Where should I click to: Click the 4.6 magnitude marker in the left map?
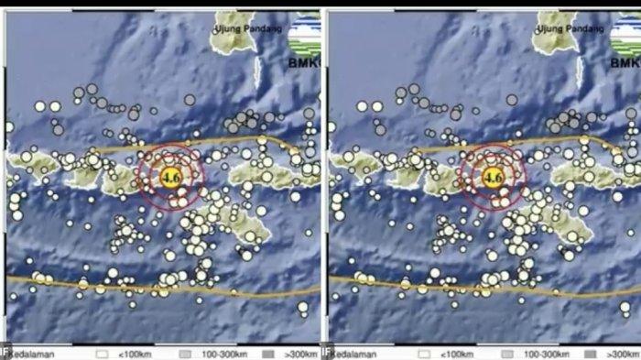coord(170,177)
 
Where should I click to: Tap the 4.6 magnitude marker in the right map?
coord(494,177)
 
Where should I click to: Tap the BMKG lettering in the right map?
coord(625,63)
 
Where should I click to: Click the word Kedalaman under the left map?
coord(30,352)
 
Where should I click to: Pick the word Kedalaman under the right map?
coord(353,352)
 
